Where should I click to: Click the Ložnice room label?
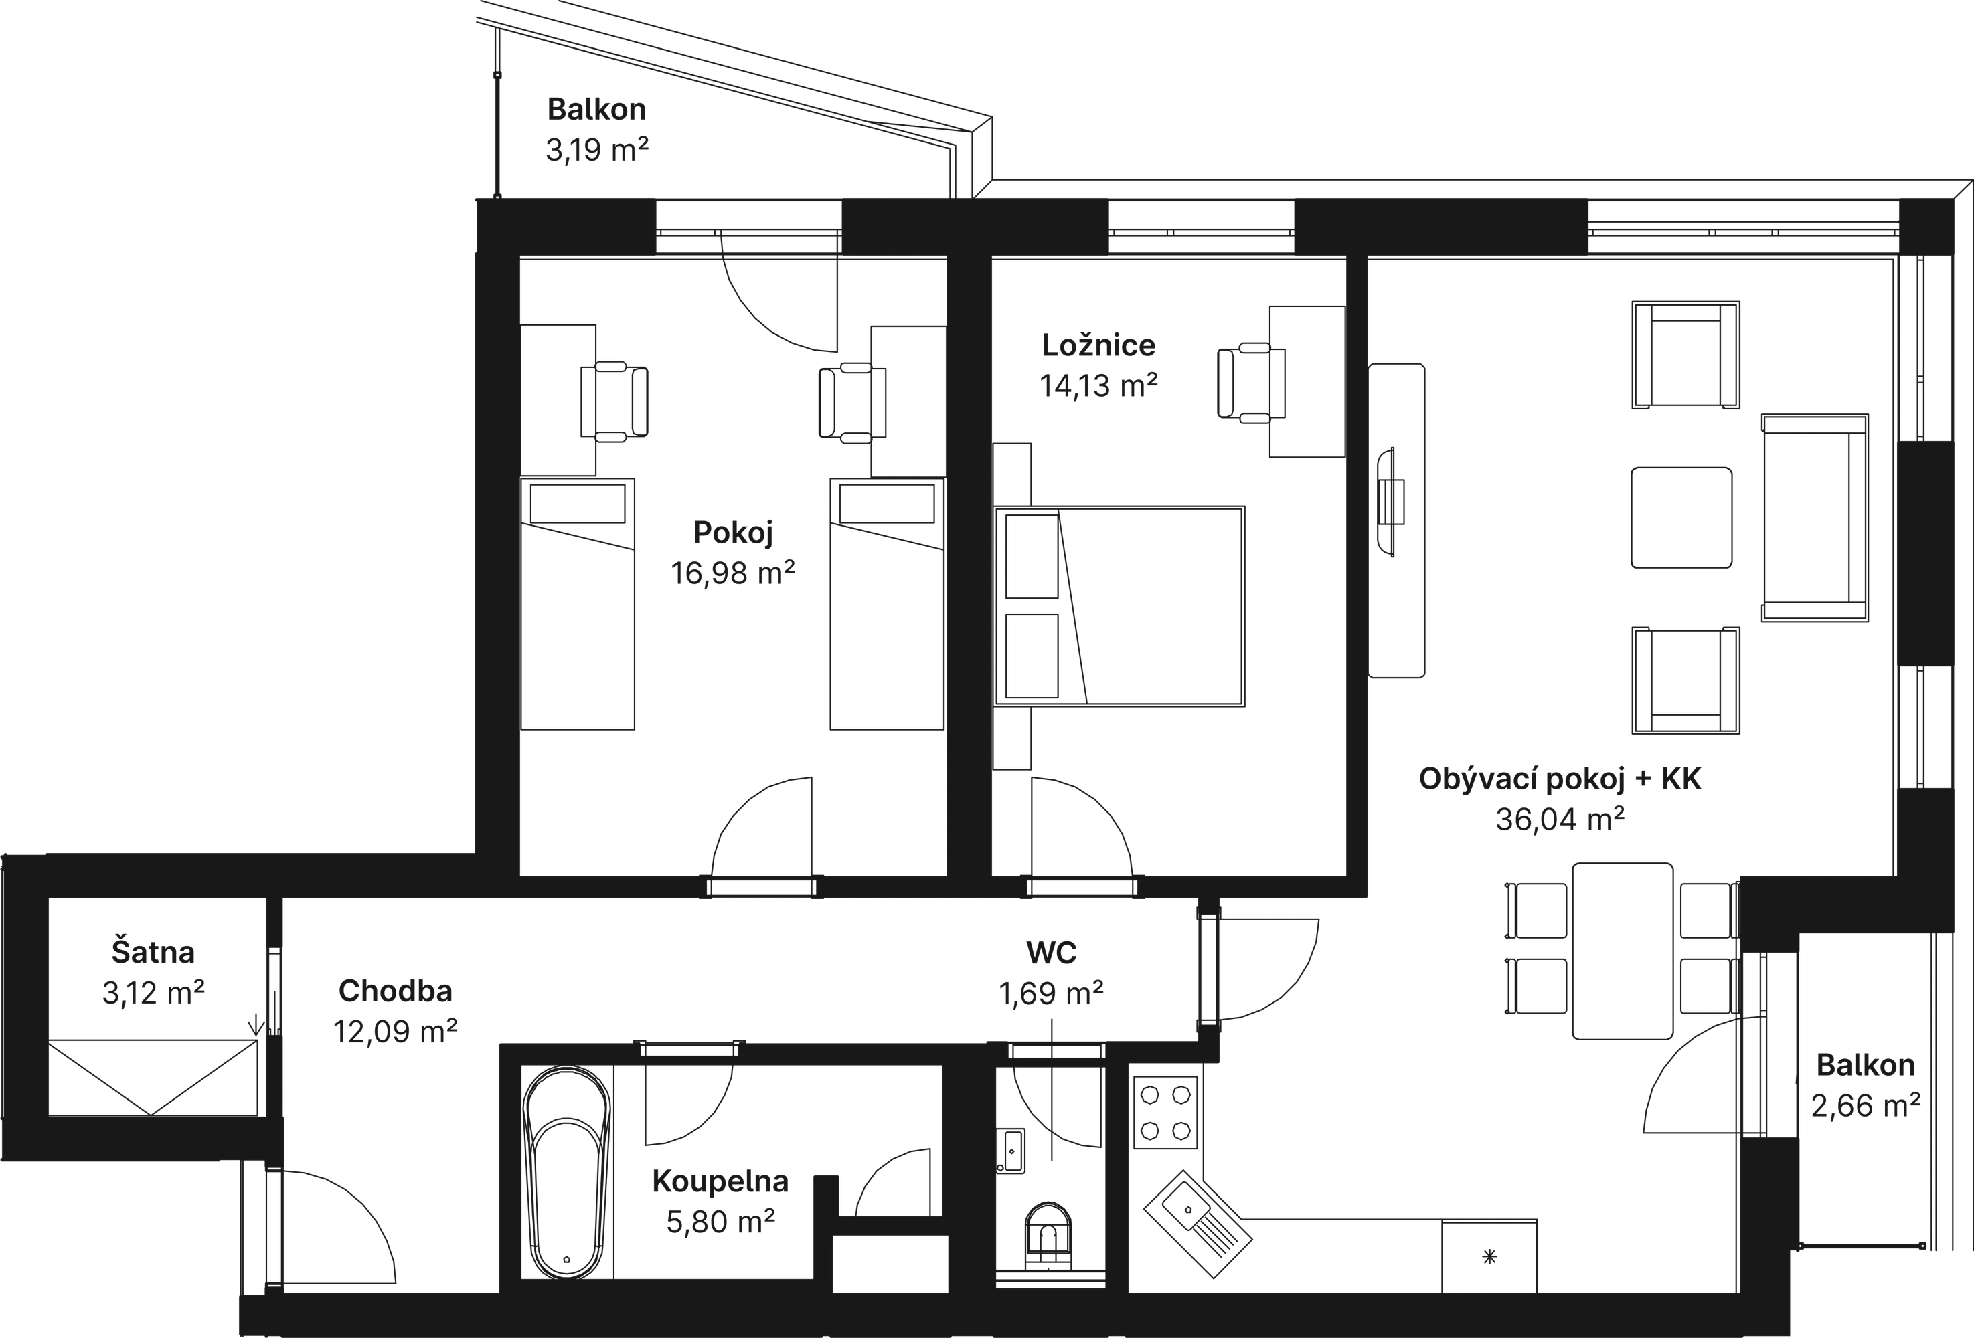click(x=1098, y=345)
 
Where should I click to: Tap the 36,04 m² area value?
click(x=1560, y=820)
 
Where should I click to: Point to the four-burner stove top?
click(x=1165, y=1112)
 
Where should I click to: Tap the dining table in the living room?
click(x=1623, y=951)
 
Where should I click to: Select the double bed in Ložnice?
click(x=1119, y=606)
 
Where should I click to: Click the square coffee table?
click(x=1681, y=517)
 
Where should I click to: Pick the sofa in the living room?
click(x=1814, y=518)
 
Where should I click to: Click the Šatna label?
click(x=153, y=952)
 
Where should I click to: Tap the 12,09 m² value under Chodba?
click(x=395, y=1032)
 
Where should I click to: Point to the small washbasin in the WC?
click(x=1011, y=1151)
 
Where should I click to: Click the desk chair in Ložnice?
click(x=1250, y=383)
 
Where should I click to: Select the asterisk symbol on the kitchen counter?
click(x=1489, y=1256)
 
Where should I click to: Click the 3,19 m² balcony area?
click(x=596, y=151)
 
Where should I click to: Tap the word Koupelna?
click(x=720, y=1181)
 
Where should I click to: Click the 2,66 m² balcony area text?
click(x=1866, y=1105)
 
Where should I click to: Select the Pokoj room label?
click(x=733, y=533)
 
